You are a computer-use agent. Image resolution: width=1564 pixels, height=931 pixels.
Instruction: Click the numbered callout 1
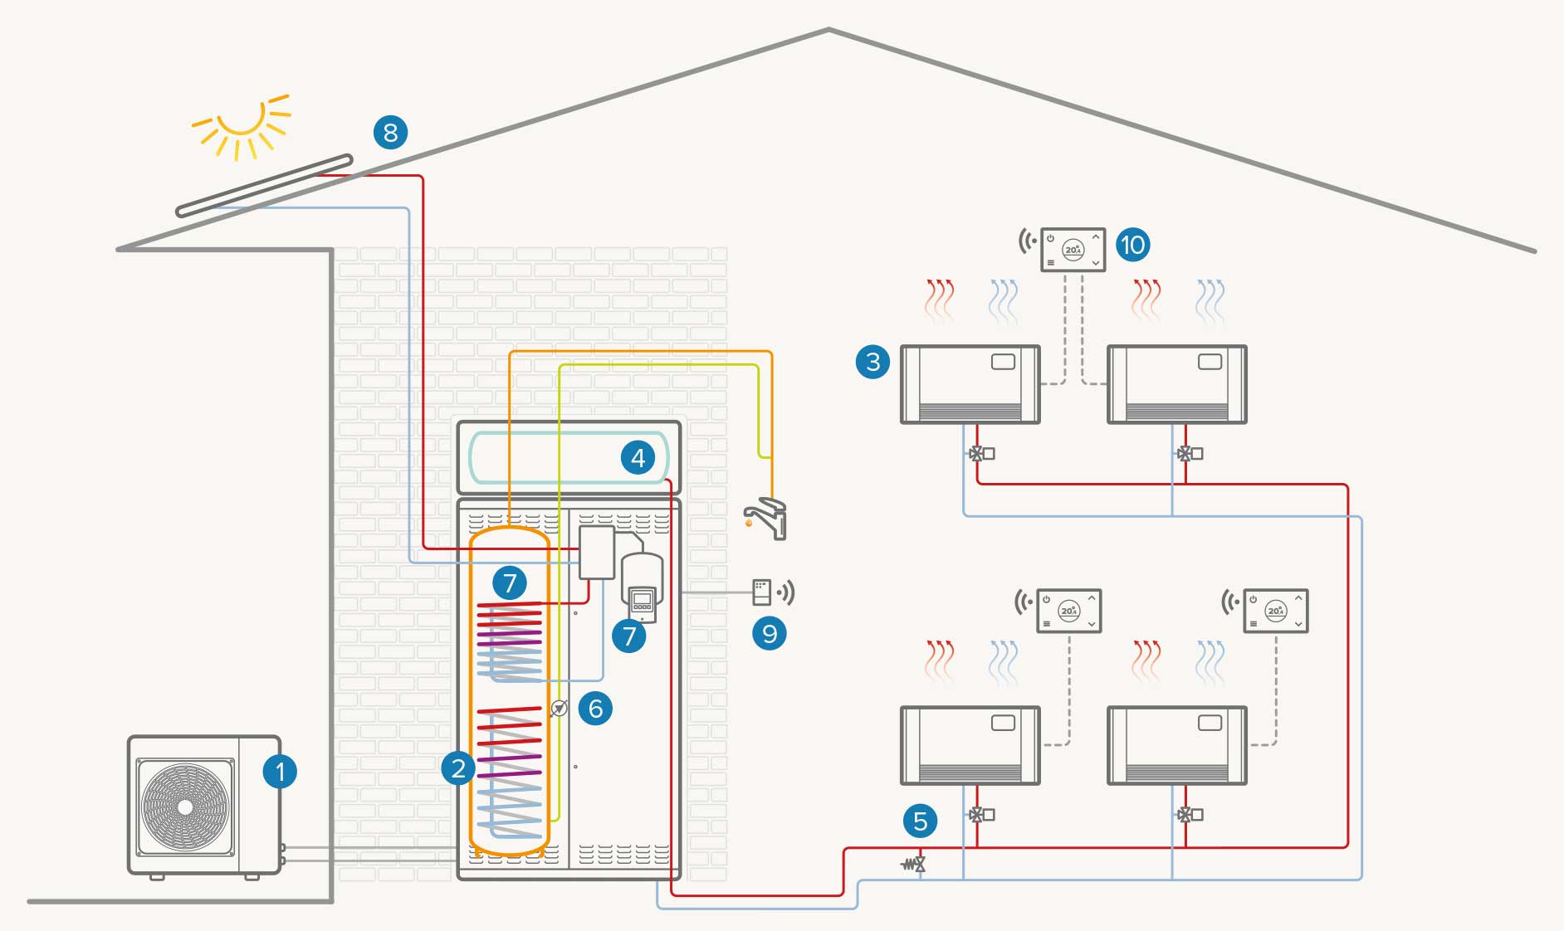click(x=280, y=772)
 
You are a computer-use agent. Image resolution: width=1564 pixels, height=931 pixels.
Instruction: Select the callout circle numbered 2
click(x=458, y=768)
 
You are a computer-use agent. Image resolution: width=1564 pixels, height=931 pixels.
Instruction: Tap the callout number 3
click(x=872, y=362)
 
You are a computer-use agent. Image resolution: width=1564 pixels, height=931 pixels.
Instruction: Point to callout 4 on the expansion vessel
click(x=638, y=457)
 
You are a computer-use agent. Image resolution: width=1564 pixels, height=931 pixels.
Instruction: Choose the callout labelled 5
click(x=920, y=821)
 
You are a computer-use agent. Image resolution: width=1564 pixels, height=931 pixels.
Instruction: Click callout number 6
click(x=595, y=709)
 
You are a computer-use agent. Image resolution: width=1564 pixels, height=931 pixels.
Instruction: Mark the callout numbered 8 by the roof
click(x=390, y=132)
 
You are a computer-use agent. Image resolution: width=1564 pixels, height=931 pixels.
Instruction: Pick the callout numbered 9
click(x=770, y=634)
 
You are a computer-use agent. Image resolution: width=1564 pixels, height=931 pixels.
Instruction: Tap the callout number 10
click(x=1132, y=245)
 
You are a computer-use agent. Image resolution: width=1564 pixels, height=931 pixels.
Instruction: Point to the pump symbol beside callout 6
click(x=560, y=709)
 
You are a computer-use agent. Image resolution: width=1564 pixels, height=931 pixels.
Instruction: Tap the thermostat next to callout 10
click(x=1073, y=249)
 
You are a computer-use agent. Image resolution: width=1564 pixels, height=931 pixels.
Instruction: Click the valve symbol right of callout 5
click(x=916, y=865)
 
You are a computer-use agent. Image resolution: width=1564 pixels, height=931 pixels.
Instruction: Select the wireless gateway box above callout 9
click(x=761, y=592)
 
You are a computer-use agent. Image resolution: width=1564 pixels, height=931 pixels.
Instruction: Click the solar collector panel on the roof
click(x=264, y=185)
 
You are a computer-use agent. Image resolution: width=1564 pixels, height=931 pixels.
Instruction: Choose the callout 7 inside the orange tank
click(x=510, y=582)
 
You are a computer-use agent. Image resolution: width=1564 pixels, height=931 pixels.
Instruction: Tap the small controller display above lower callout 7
click(x=642, y=601)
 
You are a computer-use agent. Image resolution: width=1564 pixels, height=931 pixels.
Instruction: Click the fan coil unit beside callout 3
click(x=970, y=384)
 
